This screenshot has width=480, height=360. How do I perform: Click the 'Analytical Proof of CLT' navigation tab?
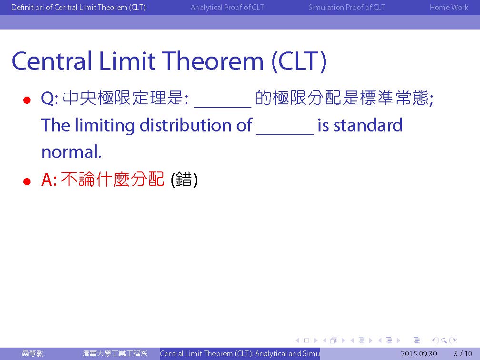[x=227, y=7]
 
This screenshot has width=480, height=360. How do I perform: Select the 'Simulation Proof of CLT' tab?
[x=347, y=7]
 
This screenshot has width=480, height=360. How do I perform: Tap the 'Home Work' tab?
[x=449, y=7]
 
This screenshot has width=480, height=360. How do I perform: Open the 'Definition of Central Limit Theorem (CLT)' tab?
[x=79, y=7]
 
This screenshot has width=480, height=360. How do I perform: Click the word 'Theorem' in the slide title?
[x=212, y=61]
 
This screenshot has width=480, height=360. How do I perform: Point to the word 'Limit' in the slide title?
[x=127, y=61]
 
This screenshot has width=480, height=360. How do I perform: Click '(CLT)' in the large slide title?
[x=299, y=62]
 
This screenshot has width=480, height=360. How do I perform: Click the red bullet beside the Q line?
[x=27, y=100]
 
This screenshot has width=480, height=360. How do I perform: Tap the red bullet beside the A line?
[x=27, y=181]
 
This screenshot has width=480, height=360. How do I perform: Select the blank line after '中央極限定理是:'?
[x=223, y=107]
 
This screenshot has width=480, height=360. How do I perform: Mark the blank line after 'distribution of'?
[x=285, y=134]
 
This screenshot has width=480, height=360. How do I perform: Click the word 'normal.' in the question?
[x=71, y=152]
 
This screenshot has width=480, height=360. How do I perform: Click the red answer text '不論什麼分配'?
[x=112, y=180]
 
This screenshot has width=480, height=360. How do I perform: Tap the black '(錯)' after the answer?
[x=184, y=180]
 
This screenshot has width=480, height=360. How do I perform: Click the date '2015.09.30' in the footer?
[x=419, y=353]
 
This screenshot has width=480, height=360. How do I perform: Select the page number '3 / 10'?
[x=463, y=353]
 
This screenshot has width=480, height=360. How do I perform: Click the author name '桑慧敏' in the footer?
[x=32, y=353]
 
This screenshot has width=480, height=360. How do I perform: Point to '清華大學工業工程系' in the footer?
[x=115, y=353]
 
